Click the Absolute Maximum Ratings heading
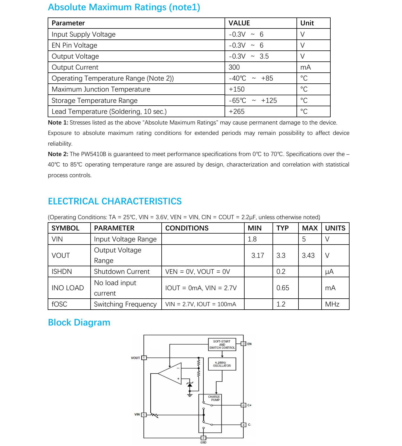click(124, 7)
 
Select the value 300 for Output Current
click(234, 67)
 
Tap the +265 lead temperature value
click(237, 112)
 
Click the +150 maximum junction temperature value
click(237, 89)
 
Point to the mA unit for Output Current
click(306, 67)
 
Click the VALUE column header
click(239, 23)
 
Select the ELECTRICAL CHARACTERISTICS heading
click(115, 201)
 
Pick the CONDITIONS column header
click(187, 228)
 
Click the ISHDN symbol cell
click(62, 272)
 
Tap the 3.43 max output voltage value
click(308, 256)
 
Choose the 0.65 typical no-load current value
click(283, 288)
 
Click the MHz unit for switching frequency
click(332, 304)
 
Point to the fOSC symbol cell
click(60, 304)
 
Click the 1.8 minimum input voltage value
click(252, 239)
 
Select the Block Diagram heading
click(79, 323)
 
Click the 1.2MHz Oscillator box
click(222, 364)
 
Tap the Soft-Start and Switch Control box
click(222, 345)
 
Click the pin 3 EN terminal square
click(243, 344)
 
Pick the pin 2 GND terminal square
click(203, 438)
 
